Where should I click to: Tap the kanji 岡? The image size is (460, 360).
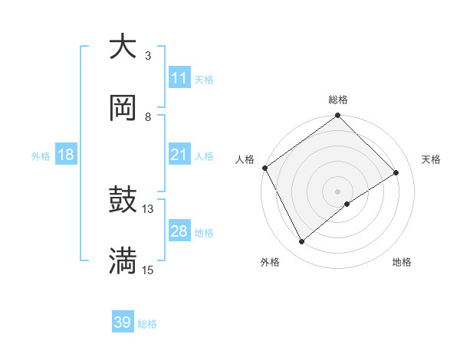click(123, 108)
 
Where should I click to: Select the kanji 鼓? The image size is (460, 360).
click(123, 201)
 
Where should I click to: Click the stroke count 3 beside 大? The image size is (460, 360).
click(148, 56)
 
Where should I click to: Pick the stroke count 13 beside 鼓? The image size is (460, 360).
click(148, 208)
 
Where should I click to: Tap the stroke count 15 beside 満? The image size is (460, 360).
click(148, 270)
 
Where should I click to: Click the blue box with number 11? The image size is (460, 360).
click(179, 78)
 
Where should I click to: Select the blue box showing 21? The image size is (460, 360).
click(179, 155)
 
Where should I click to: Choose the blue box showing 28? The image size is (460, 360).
click(179, 231)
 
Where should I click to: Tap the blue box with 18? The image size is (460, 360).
click(66, 155)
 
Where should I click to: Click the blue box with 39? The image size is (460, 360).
click(123, 322)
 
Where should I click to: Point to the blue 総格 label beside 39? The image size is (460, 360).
click(147, 324)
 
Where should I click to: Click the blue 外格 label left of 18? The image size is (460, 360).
click(41, 156)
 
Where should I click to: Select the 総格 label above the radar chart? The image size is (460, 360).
click(338, 100)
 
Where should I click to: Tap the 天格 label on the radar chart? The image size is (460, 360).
click(431, 159)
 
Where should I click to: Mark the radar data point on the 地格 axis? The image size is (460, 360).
click(347, 204)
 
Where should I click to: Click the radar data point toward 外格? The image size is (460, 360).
click(302, 242)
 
